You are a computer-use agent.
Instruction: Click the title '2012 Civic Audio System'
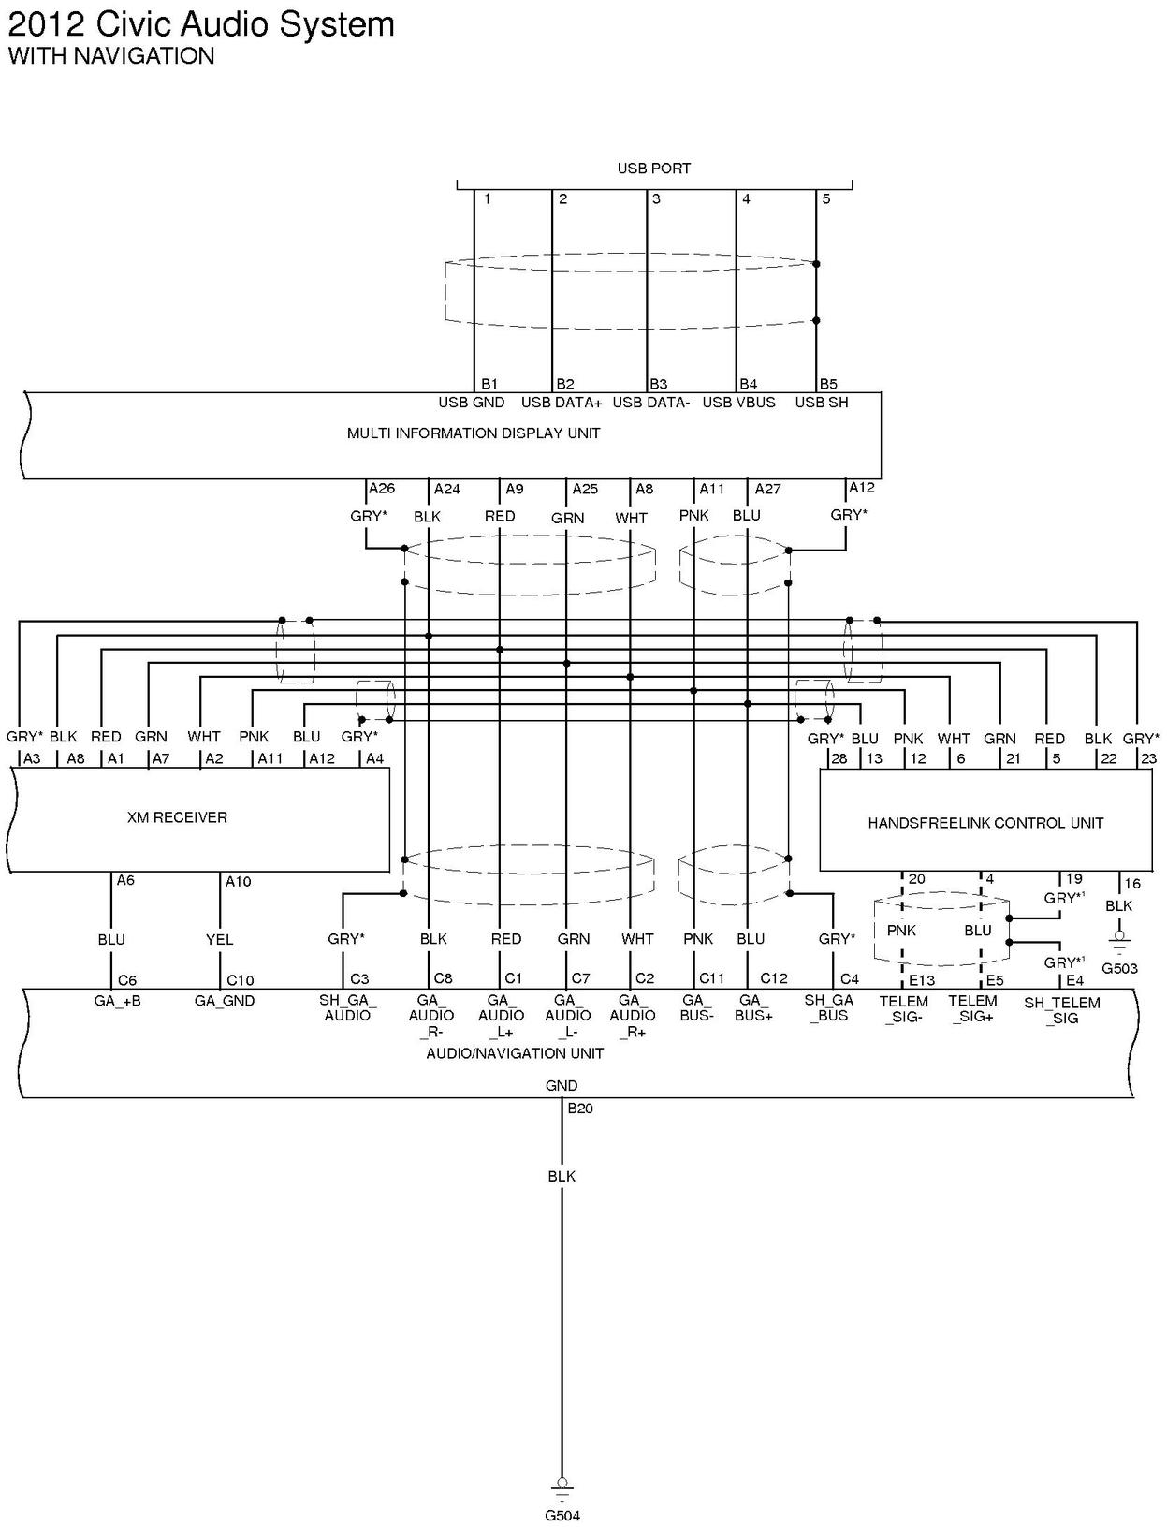pos(201,24)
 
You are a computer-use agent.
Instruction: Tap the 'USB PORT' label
pos(653,169)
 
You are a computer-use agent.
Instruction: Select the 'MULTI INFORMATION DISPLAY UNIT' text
pos(474,433)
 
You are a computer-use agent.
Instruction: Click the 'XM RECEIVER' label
pos(177,817)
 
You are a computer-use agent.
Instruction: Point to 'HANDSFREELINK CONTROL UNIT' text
pos(985,823)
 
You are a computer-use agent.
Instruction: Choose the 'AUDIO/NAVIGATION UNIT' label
pos(515,1053)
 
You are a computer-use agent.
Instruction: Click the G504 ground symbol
pos(562,1487)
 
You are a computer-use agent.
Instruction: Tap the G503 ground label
pos(1119,968)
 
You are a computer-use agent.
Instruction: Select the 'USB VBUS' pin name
pos(738,403)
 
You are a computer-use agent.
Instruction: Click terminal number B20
pos(580,1109)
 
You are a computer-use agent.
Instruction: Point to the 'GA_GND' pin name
pos(225,1001)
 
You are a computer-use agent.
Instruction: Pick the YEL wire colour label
pos(219,939)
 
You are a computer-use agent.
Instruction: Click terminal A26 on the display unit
pos(382,489)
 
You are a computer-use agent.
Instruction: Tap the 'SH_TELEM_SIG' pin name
pos(1062,1010)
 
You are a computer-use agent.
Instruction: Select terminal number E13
pos(921,980)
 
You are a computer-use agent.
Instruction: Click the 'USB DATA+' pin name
pos(562,403)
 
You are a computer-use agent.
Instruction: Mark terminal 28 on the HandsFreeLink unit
pos(839,758)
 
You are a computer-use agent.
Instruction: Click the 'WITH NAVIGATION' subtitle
pos(111,56)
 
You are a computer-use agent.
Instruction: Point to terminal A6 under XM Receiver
pos(125,880)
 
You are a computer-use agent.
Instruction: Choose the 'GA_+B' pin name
pos(117,1001)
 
